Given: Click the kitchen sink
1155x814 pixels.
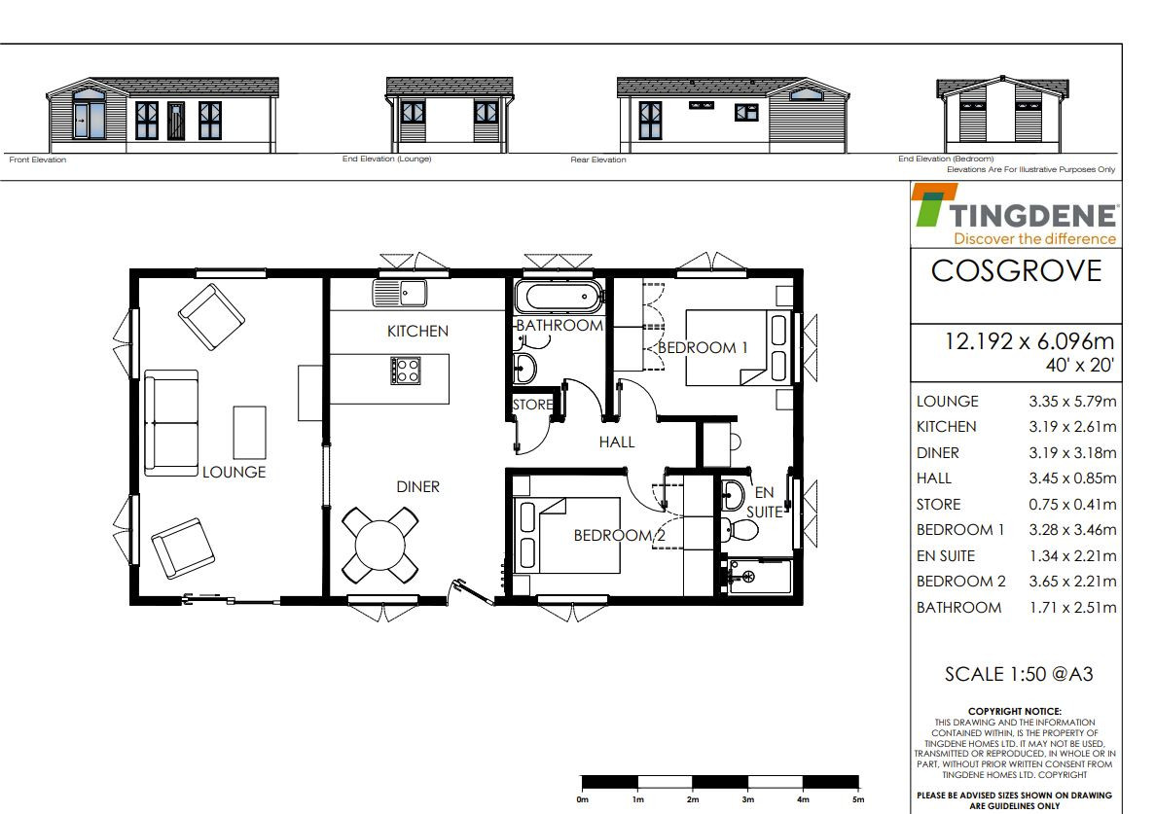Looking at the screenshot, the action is click(400, 292).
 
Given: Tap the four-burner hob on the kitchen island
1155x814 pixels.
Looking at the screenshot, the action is click(405, 371).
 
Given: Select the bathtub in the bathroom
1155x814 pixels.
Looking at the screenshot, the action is click(559, 297).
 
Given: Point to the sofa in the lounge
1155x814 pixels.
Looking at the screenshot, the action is click(171, 422).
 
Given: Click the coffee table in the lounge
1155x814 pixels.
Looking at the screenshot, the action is click(250, 432).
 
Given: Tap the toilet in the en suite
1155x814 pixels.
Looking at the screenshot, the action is click(739, 529).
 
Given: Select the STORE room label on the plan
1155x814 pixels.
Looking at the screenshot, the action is click(532, 405).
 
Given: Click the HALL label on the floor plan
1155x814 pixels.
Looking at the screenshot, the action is click(617, 442).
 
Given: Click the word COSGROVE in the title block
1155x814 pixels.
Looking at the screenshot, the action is click(1017, 270).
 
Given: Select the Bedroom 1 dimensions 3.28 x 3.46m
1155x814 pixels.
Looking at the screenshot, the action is click(1072, 530).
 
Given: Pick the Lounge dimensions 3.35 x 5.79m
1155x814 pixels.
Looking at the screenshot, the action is click(1072, 401).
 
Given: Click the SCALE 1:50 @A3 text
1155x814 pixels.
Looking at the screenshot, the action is click(1019, 674).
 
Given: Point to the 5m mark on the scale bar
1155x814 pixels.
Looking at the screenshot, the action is click(858, 799).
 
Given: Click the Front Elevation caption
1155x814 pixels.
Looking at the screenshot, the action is click(38, 159).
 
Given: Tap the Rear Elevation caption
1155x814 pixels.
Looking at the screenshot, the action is click(598, 159).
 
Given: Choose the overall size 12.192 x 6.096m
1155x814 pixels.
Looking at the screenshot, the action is click(1029, 341).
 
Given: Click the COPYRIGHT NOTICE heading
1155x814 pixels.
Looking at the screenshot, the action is click(1014, 712).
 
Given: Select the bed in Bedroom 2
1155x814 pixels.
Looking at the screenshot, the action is click(569, 535).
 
